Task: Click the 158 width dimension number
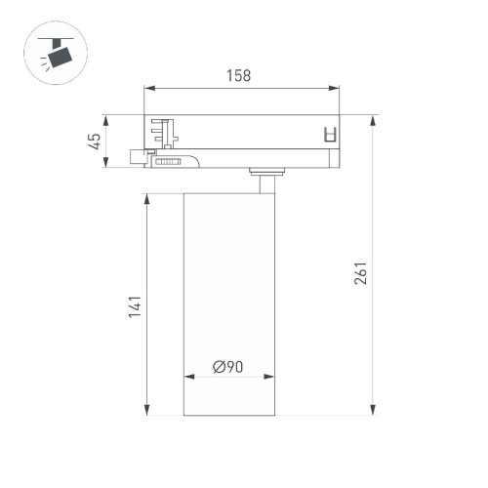(239, 76)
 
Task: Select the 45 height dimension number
(96, 142)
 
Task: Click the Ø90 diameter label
(227, 367)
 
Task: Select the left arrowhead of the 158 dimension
(148, 88)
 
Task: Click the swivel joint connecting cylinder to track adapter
(265, 178)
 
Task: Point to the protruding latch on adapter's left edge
(139, 156)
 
